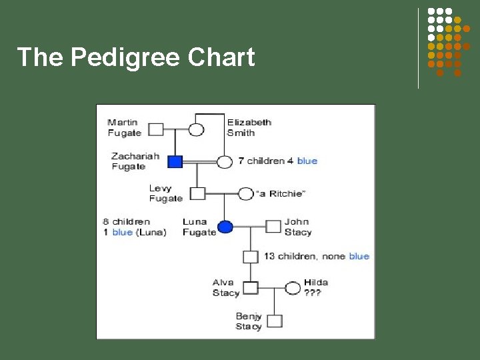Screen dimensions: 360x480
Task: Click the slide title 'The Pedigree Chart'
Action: tap(136, 57)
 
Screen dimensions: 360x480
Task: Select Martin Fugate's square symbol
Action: tap(155, 129)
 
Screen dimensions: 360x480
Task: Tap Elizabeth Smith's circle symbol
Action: tap(196, 129)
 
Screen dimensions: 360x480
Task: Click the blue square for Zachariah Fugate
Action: tap(175, 161)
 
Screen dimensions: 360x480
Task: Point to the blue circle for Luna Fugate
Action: tap(225, 227)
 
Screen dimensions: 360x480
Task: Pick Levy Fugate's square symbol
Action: tap(197, 194)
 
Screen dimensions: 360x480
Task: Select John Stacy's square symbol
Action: tap(273, 227)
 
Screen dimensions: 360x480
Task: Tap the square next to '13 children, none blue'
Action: tap(250, 257)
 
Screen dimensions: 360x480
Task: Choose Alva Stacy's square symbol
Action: tap(250, 288)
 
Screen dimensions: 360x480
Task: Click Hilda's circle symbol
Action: tap(292, 288)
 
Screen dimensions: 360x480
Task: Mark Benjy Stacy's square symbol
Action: tap(274, 321)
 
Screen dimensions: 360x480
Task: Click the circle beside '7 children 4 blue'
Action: tap(225, 161)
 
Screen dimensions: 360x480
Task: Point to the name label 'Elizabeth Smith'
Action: tap(249, 127)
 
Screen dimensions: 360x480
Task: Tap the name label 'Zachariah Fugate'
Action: tap(135, 161)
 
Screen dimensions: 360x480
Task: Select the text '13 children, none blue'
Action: tap(317, 257)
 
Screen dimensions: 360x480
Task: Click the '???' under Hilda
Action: tap(312, 293)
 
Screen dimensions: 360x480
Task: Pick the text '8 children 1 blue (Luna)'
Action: tap(135, 227)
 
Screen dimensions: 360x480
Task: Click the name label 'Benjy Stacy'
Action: tap(249, 321)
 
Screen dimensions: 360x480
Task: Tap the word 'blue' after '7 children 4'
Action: tap(307, 161)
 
